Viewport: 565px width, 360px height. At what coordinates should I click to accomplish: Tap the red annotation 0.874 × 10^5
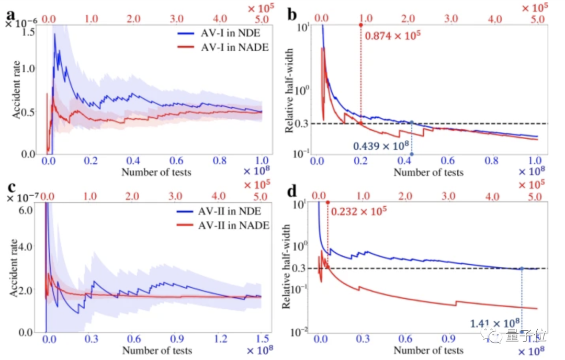pos(393,36)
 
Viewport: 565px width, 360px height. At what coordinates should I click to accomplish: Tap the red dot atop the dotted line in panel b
pos(360,25)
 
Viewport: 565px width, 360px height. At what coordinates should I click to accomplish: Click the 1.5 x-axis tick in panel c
pos(262,337)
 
